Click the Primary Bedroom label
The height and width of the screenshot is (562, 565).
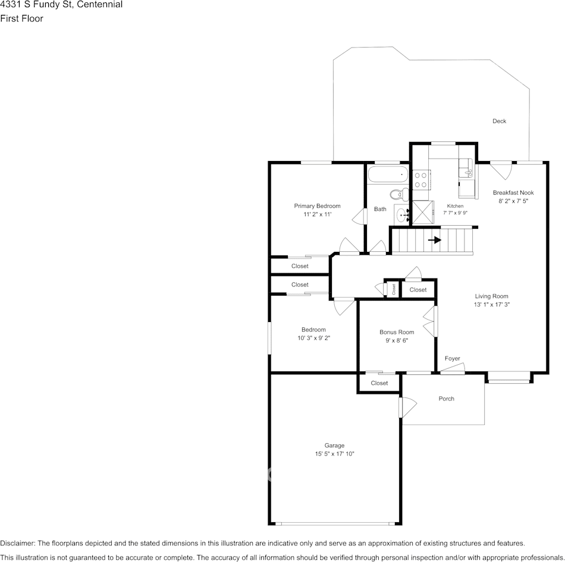click(317, 206)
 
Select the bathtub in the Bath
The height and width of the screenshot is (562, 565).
click(387, 175)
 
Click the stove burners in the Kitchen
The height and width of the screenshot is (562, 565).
click(421, 179)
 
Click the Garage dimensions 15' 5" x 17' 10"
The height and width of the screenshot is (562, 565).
click(334, 454)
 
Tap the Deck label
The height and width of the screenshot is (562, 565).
click(499, 121)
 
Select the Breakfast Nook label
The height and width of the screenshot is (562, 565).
click(513, 192)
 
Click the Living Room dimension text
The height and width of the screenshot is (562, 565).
click(491, 304)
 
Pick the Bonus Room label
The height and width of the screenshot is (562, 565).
click(397, 332)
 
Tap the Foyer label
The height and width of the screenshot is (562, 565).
click(452, 358)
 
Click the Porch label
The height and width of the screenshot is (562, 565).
click(446, 399)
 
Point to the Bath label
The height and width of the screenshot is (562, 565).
click(380, 209)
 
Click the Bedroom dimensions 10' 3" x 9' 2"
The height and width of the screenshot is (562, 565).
click(313, 338)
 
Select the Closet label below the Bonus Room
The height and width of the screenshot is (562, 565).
click(379, 383)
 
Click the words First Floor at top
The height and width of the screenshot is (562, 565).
click(21, 18)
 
